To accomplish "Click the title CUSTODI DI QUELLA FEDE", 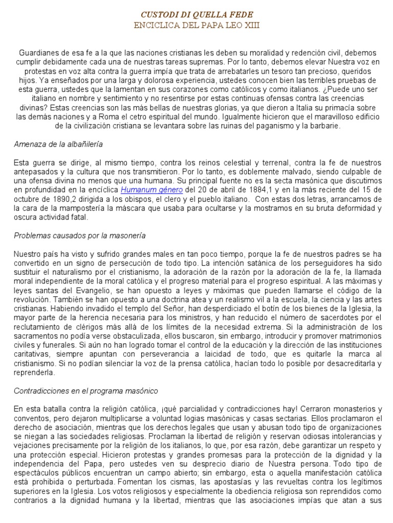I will click(196, 14).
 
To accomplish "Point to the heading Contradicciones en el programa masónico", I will click(86, 391).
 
